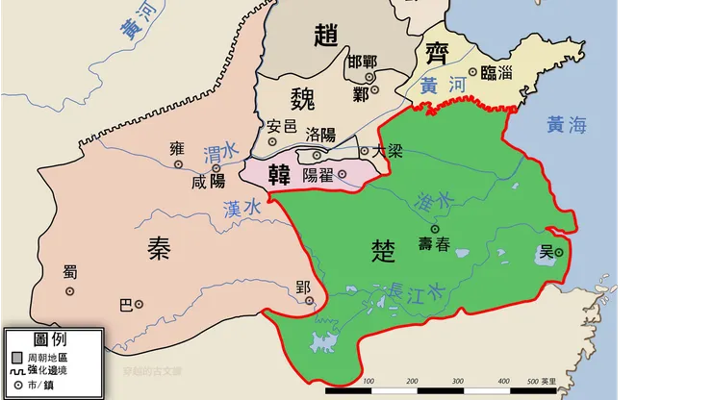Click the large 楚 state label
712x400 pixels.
(x=382, y=252)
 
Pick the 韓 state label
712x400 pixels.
(x=279, y=175)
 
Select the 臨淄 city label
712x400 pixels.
(x=496, y=72)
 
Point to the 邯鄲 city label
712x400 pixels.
(x=363, y=62)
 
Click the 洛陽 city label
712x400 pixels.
(x=320, y=136)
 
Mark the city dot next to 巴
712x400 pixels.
(x=139, y=304)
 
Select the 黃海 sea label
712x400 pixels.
(x=567, y=124)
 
